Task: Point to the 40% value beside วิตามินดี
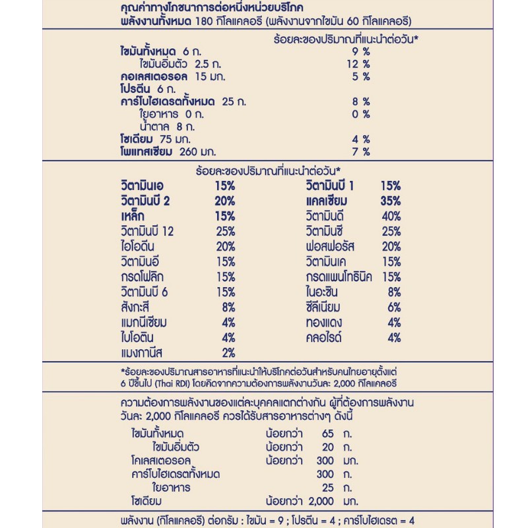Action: coord(391,216)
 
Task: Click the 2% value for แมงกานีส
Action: coord(228,352)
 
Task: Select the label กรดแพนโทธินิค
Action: coord(339,277)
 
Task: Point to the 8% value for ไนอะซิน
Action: coord(394,292)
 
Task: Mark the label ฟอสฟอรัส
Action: coord(330,246)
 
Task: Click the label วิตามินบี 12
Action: coord(154,231)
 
